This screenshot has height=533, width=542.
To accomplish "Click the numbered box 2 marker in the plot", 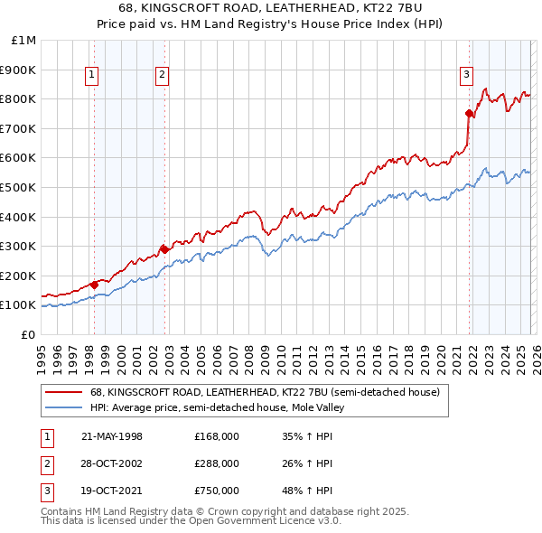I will [x=162, y=76].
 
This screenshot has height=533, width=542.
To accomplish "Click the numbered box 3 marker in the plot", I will [x=466, y=76].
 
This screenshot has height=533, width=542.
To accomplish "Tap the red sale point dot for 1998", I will [x=95, y=285].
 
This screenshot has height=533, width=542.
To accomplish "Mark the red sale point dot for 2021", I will [x=469, y=113].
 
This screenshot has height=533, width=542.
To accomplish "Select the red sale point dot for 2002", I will [x=165, y=249].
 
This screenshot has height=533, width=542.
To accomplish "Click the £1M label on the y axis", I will [x=24, y=40].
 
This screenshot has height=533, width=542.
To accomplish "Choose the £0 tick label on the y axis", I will [x=29, y=334].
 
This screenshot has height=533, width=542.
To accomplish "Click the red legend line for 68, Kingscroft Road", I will [x=63, y=392].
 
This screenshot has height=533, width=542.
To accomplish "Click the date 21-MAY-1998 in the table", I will [x=111, y=436].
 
